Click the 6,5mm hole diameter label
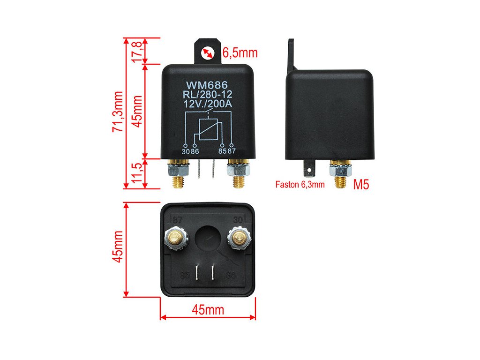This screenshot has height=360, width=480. coord(240,52)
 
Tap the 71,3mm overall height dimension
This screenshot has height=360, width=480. coord(118,112)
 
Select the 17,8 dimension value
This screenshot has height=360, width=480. coord(137,49)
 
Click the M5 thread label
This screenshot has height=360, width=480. coord(361,184)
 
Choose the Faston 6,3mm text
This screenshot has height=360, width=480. coord(300,185)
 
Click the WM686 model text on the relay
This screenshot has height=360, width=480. coord(207,85)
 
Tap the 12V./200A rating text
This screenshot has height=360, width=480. coord(207,104)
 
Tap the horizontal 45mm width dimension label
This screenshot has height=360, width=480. coord(208,310)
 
